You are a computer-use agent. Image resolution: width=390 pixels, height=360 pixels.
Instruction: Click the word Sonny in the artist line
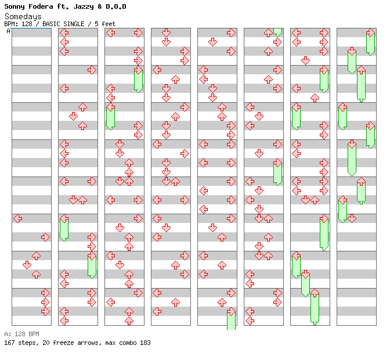coord(16,7)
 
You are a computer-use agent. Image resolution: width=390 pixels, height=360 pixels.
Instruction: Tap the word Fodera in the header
coord(43,7)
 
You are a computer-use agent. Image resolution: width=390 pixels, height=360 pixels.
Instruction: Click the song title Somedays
coord(23,16)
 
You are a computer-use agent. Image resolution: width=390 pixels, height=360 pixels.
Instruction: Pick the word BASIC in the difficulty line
coord(52,24)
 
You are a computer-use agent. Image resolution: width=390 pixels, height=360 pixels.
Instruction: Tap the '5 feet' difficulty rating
coord(105,24)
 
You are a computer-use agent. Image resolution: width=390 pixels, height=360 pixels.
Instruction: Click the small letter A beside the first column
coord(8,31)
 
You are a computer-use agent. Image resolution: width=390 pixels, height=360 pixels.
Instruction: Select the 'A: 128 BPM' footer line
coord(21,334)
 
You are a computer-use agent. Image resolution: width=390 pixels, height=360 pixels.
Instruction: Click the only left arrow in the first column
coord(17,218)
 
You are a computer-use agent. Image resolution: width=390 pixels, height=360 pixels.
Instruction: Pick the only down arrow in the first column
coord(27,265)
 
